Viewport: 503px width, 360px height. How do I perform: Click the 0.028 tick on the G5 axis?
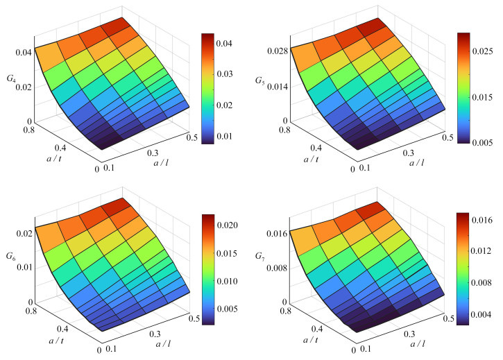click(x=273, y=52)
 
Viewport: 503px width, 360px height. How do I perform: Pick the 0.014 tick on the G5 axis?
click(x=273, y=86)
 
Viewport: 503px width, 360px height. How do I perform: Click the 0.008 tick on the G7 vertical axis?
click(x=273, y=267)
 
